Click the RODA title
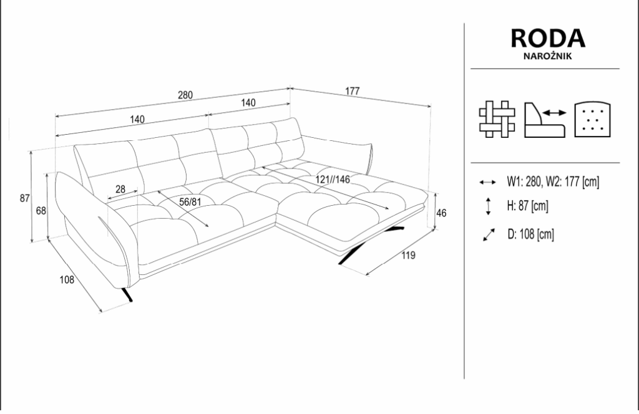point(548,38)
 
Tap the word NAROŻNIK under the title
point(547,56)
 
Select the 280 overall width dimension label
point(185,95)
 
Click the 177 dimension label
point(353,91)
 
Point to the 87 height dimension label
point(25,198)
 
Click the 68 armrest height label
point(41,211)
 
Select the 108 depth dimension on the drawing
point(67,280)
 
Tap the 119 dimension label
point(408,255)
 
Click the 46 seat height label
point(441,213)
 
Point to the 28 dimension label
point(120,190)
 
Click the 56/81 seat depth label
point(190,201)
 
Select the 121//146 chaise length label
point(333,179)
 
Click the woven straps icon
point(497,119)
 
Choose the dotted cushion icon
point(593,119)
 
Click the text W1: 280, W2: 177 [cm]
point(553,181)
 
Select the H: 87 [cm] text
point(528,206)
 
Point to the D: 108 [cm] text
point(530,234)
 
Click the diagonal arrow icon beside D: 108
point(488,235)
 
